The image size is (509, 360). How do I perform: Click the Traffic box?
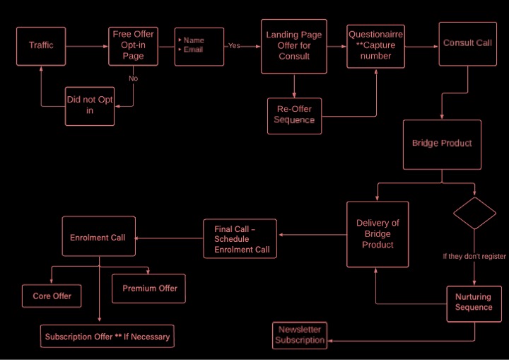(x=41, y=47)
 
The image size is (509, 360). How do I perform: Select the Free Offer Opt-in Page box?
(x=133, y=47)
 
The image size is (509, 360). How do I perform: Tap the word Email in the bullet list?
(x=194, y=50)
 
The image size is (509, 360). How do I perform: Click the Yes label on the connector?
(x=234, y=46)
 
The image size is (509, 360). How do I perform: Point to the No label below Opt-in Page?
(x=133, y=79)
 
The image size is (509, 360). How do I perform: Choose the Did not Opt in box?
(x=90, y=106)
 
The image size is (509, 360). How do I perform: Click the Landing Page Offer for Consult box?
(x=294, y=47)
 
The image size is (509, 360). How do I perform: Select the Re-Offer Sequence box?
(x=294, y=116)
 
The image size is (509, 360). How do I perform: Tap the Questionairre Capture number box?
(x=375, y=47)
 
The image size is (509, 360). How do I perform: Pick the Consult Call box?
(x=468, y=44)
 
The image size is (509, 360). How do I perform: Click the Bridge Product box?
(x=442, y=144)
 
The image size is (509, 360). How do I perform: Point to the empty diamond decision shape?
(x=474, y=213)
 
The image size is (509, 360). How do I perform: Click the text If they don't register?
(x=474, y=256)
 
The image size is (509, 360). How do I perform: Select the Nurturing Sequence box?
(x=474, y=304)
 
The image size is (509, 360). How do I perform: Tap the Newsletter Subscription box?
(x=300, y=336)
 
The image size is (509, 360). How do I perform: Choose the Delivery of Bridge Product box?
(x=378, y=234)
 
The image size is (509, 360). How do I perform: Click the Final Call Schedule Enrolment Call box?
(x=240, y=239)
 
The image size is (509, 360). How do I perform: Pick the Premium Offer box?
(x=148, y=289)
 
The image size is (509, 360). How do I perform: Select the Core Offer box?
(x=52, y=296)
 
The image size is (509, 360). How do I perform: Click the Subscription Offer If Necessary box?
(x=107, y=336)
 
